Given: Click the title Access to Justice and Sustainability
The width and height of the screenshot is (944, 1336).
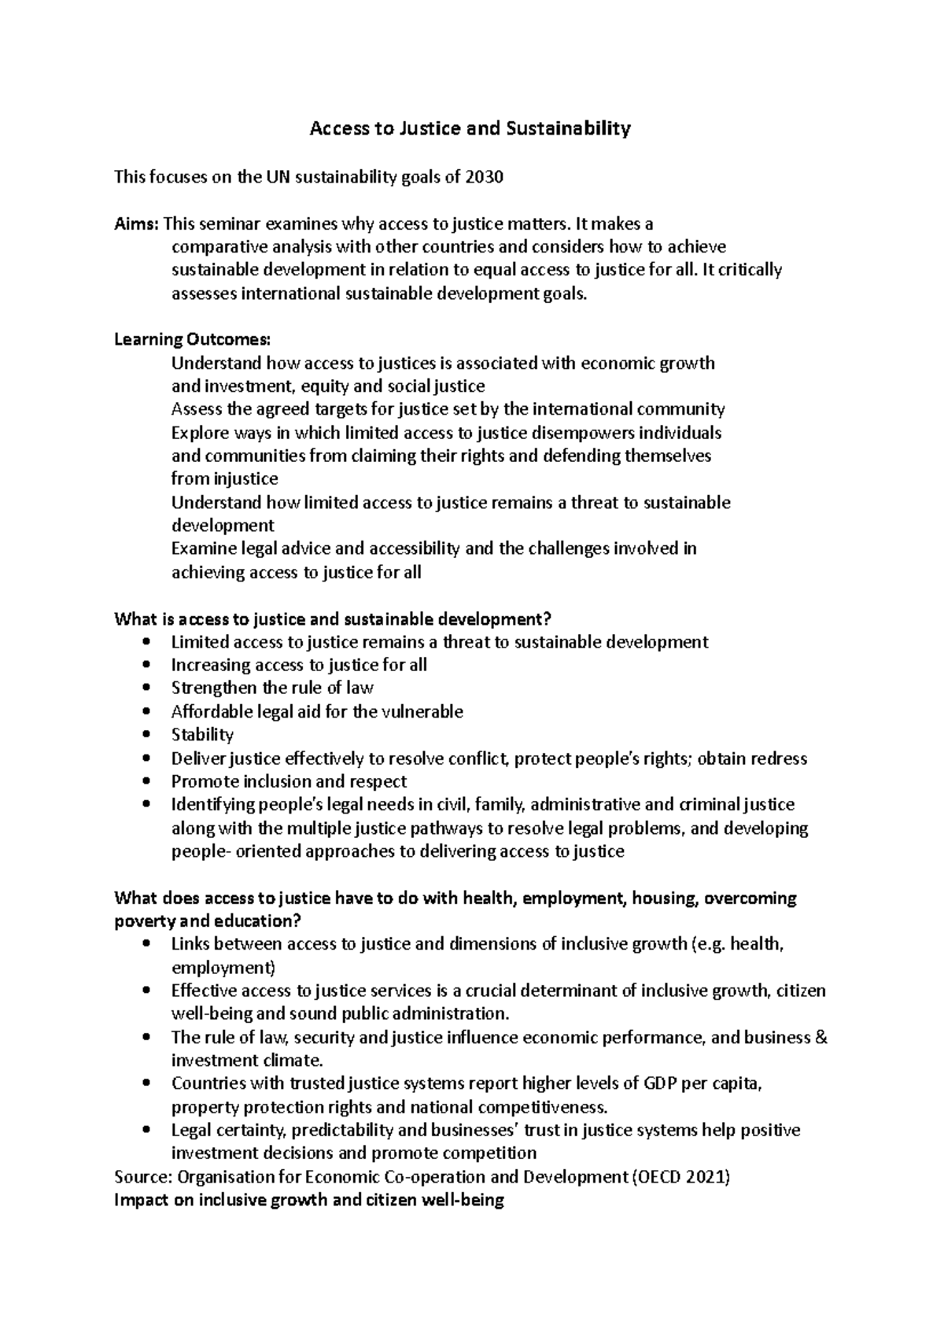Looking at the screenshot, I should [x=470, y=128].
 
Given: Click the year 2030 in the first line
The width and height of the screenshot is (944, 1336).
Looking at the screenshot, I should [x=484, y=177].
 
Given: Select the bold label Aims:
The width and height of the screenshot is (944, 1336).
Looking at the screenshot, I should [x=136, y=223].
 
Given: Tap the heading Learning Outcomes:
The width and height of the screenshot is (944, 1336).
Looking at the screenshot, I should [x=193, y=340].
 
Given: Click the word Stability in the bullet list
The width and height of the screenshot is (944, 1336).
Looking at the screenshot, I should [x=202, y=735].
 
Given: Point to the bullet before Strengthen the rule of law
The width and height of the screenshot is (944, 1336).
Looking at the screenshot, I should [x=147, y=688].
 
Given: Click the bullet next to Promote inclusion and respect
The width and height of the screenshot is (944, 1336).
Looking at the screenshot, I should [x=147, y=781].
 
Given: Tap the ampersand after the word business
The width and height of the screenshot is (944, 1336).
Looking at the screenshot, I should [x=821, y=1038].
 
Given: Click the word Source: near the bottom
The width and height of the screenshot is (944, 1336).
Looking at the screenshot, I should [x=143, y=1177].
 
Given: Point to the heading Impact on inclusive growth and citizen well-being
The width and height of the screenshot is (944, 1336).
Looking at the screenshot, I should [x=308, y=1201].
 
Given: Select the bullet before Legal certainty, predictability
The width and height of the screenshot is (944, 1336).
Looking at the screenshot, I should [x=147, y=1130].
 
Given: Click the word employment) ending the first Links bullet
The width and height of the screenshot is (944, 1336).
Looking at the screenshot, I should [x=223, y=968].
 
